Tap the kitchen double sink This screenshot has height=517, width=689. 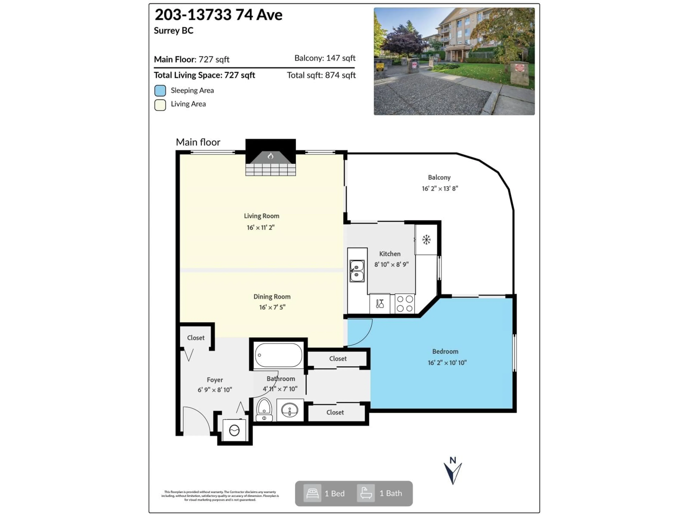[357, 271]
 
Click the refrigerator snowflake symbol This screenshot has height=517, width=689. [426, 240]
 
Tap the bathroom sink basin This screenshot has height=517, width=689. [290, 410]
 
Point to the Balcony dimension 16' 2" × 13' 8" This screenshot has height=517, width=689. [440, 188]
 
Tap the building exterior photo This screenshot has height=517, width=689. [454, 61]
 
